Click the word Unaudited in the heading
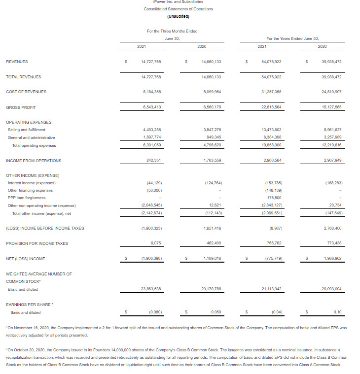(x=178, y=16)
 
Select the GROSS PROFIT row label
(x=21, y=107)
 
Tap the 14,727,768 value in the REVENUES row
(x=151, y=62)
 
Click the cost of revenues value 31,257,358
(x=271, y=92)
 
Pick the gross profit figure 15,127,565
(x=332, y=107)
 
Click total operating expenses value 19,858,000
(x=271, y=145)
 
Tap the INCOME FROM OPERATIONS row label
(x=34, y=161)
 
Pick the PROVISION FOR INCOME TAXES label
(x=37, y=243)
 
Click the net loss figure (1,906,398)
(x=151, y=259)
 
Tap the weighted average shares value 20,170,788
(x=211, y=289)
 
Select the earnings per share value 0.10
(x=337, y=312)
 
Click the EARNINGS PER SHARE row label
(x=28, y=305)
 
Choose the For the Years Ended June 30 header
(x=292, y=38)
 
